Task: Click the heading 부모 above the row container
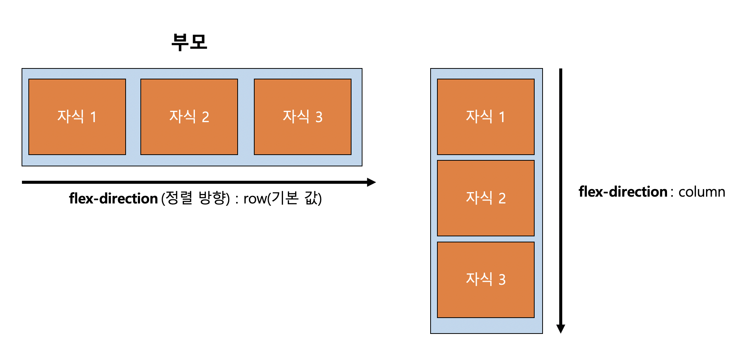[189, 42]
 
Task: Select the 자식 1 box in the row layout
[77, 117]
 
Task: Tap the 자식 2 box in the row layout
[189, 117]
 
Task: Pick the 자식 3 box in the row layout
[303, 117]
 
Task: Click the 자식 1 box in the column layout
[486, 117]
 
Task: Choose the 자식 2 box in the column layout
[486, 198]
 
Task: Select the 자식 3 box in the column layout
[486, 280]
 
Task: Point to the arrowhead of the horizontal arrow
[371, 182]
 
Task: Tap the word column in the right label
[701, 192]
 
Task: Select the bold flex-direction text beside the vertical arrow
[623, 192]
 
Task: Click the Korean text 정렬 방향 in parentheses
[196, 198]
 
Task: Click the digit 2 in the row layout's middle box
[205, 117]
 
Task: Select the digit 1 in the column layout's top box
[502, 117]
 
